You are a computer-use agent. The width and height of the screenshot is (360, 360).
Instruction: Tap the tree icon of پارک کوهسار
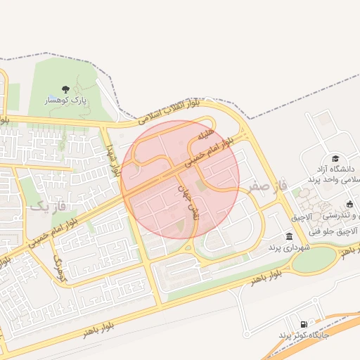click(x=65, y=89)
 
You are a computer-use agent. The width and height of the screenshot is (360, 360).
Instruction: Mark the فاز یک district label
click(x=47, y=207)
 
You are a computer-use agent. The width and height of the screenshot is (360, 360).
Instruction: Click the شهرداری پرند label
click(x=285, y=248)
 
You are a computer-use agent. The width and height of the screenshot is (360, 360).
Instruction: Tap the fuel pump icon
click(x=303, y=323)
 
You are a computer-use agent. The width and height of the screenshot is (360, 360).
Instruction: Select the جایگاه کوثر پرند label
click(x=310, y=336)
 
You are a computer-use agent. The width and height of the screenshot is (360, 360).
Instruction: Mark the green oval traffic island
click(x=314, y=260)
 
